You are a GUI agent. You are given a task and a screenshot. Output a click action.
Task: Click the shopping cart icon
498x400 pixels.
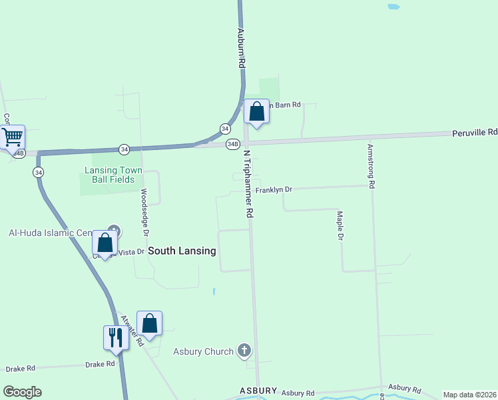coord(11,137)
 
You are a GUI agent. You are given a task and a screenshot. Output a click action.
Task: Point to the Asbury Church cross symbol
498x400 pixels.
coord(244,351)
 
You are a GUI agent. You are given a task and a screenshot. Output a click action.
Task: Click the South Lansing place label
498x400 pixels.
coord(182,251)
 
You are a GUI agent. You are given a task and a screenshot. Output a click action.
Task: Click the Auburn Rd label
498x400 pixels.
coord(242,47)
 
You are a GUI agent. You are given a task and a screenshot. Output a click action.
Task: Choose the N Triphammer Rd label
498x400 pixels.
coord(248,183)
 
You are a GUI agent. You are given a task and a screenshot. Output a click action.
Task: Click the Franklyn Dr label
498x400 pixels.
coord(274,189)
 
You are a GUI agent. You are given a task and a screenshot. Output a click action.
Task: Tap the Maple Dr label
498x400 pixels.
coord(340,225)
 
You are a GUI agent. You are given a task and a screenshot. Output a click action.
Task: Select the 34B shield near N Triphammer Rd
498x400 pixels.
coord(232,143)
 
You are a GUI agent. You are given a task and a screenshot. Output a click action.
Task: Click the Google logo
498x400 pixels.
coord(22,392)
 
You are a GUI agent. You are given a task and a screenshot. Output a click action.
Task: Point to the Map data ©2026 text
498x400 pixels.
coord(469,395)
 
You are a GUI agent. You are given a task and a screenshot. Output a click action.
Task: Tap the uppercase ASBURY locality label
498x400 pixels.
coord(258,390)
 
